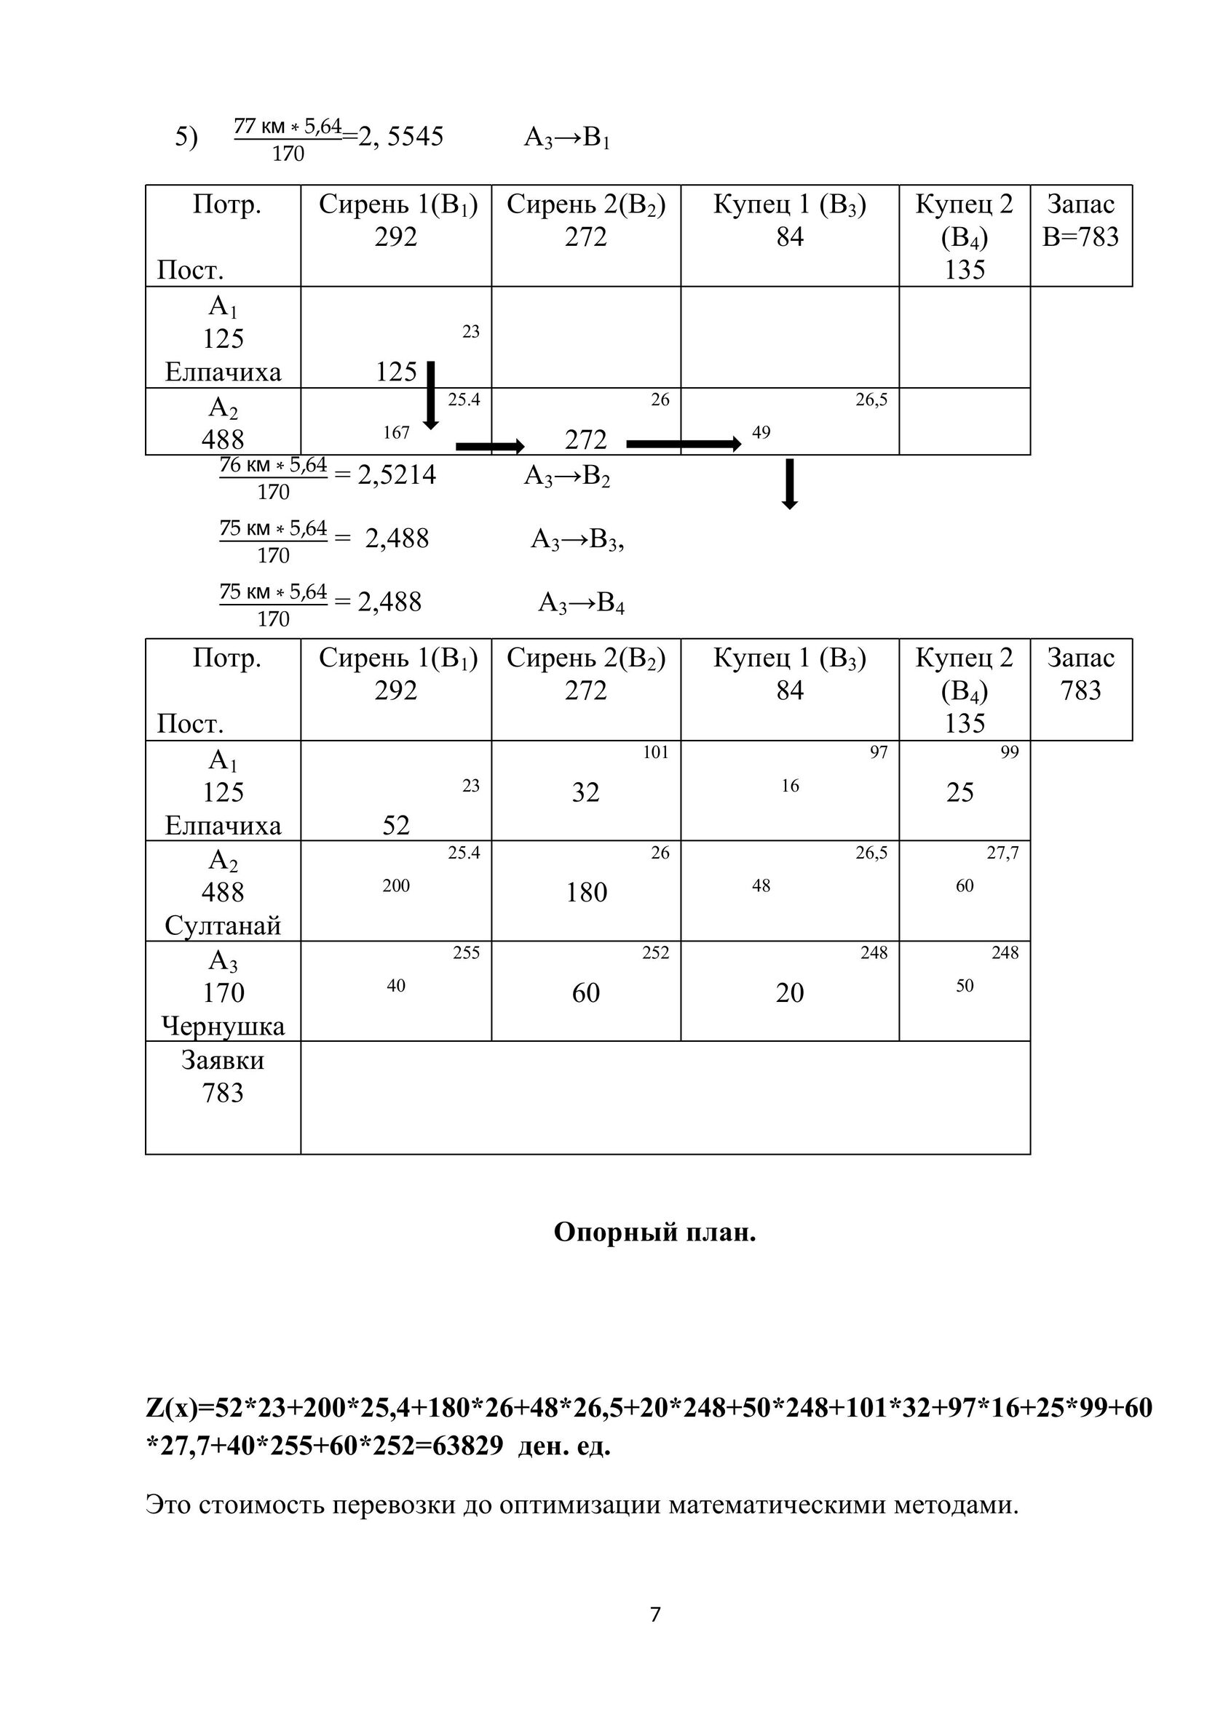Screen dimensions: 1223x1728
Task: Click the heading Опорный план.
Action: (654, 1232)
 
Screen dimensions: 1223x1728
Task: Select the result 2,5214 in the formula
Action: (397, 476)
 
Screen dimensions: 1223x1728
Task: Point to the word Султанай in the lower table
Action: (223, 925)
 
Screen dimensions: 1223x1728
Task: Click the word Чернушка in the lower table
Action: (223, 1026)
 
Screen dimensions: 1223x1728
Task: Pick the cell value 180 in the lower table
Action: (586, 893)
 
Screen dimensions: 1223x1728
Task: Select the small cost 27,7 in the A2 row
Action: (1002, 853)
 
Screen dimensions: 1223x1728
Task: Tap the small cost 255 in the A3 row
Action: (466, 953)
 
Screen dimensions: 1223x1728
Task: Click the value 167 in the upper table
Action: (396, 432)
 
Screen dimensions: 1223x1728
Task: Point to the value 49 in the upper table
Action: (761, 432)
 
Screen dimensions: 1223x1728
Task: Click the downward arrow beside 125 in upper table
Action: (431, 395)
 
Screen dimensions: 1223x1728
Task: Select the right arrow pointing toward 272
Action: (490, 446)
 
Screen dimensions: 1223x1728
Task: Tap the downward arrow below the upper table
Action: (789, 484)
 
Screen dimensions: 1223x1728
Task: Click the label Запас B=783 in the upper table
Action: (1080, 220)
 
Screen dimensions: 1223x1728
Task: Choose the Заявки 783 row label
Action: (223, 1076)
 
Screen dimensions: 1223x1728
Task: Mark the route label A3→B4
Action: (582, 604)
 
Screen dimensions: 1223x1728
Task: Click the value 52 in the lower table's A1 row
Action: (396, 826)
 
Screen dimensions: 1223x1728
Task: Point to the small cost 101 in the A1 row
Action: (655, 752)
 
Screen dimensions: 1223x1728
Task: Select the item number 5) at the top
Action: (187, 138)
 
